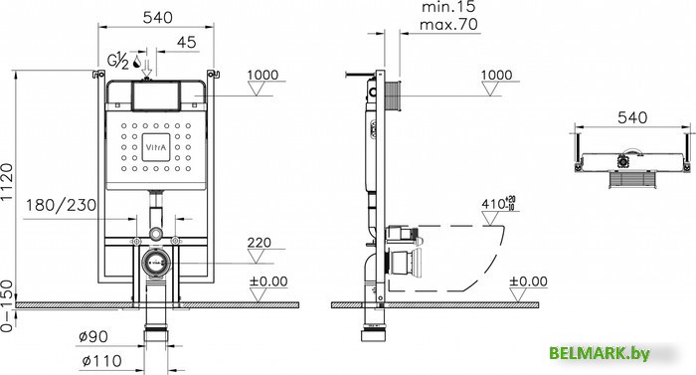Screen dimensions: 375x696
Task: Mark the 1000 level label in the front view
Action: pos(262,76)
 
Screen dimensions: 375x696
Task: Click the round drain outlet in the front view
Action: pos(155,264)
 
